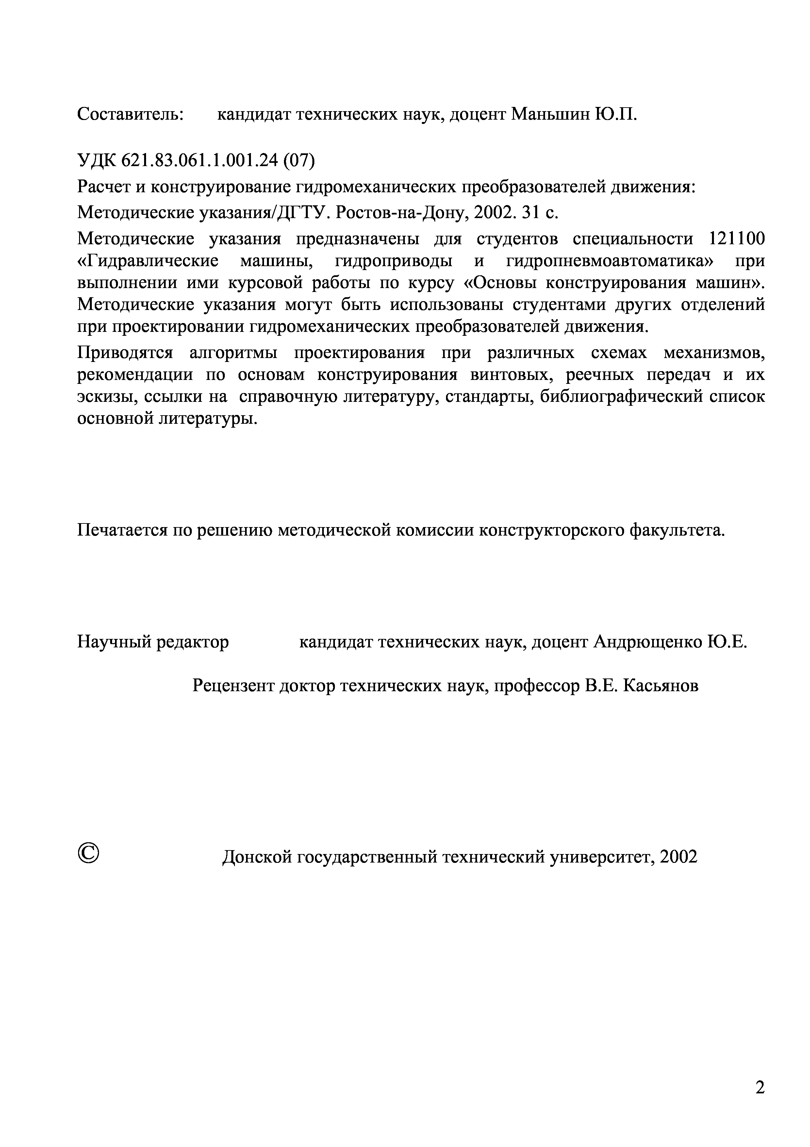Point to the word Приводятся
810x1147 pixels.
125,353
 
